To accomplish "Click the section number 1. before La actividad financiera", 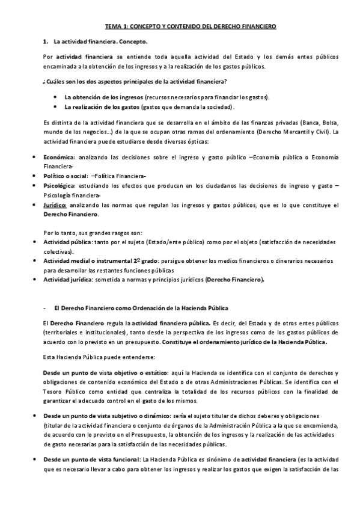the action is [x=46, y=41].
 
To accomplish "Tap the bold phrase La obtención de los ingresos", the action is [x=103, y=97].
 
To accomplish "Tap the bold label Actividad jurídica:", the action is [x=67, y=280].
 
